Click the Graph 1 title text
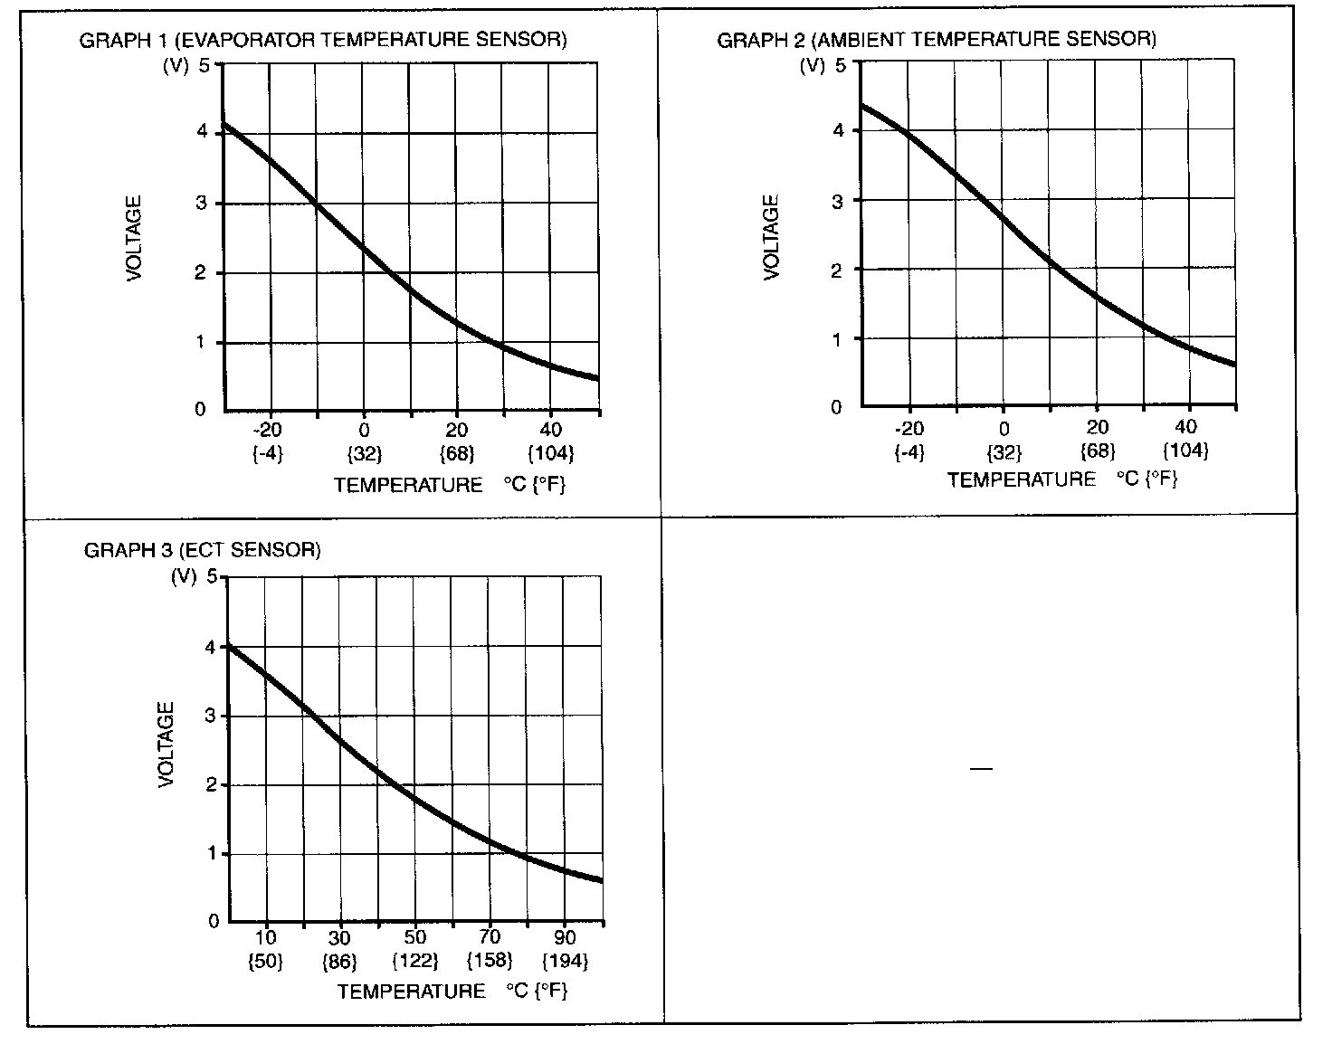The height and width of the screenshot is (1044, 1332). pos(323,40)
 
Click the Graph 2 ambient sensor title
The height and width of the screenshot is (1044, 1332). pos(937,40)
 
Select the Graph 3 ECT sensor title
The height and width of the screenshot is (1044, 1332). pos(202,550)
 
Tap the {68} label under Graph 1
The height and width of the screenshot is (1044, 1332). pos(457,452)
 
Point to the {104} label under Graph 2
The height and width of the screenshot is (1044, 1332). pos(1185,450)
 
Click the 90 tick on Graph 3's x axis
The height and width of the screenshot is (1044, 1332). pos(564,937)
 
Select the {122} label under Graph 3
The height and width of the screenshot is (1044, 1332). pos(415,960)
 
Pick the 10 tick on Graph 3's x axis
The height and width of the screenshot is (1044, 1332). pos(265,937)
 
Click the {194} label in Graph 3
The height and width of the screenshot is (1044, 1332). pos(564,960)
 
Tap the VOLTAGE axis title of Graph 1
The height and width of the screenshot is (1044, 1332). pos(134,239)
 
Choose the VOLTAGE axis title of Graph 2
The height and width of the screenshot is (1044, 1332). pos(771,238)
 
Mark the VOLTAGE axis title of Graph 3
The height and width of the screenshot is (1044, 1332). pos(166,745)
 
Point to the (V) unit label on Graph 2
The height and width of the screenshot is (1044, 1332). pos(813,65)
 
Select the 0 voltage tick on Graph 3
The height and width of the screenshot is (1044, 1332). pos(214,922)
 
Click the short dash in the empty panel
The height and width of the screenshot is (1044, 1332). pos(981,769)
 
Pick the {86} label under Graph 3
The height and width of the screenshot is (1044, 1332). pos(340,960)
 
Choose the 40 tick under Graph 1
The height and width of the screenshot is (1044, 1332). pos(550,430)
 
